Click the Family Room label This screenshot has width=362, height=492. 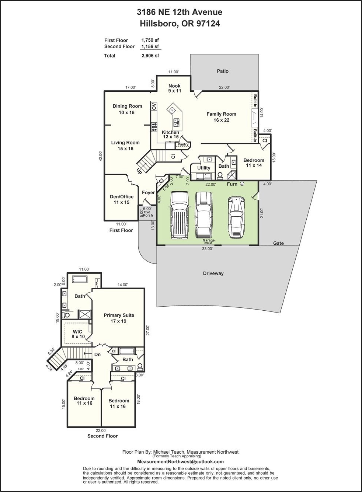click(221, 114)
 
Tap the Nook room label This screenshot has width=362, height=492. click(174, 86)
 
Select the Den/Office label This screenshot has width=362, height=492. click(122, 196)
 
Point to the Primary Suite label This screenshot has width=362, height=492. click(119, 315)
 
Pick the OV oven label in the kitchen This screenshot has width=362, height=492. click(154, 106)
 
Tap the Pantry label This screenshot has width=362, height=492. click(183, 144)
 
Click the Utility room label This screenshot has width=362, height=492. click(203, 168)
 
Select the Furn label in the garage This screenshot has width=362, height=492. click(232, 184)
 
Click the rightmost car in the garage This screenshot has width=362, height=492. click(236, 217)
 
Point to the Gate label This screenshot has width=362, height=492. click(278, 243)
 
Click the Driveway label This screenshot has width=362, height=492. click(213, 273)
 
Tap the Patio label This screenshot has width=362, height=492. click(223, 71)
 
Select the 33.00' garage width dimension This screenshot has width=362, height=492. click(208, 249)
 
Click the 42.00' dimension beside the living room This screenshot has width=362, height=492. click(101, 156)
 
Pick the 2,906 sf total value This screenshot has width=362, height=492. click(150, 56)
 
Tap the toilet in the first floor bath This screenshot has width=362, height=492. click(220, 175)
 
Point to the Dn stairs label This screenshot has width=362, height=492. click(98, 354)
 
